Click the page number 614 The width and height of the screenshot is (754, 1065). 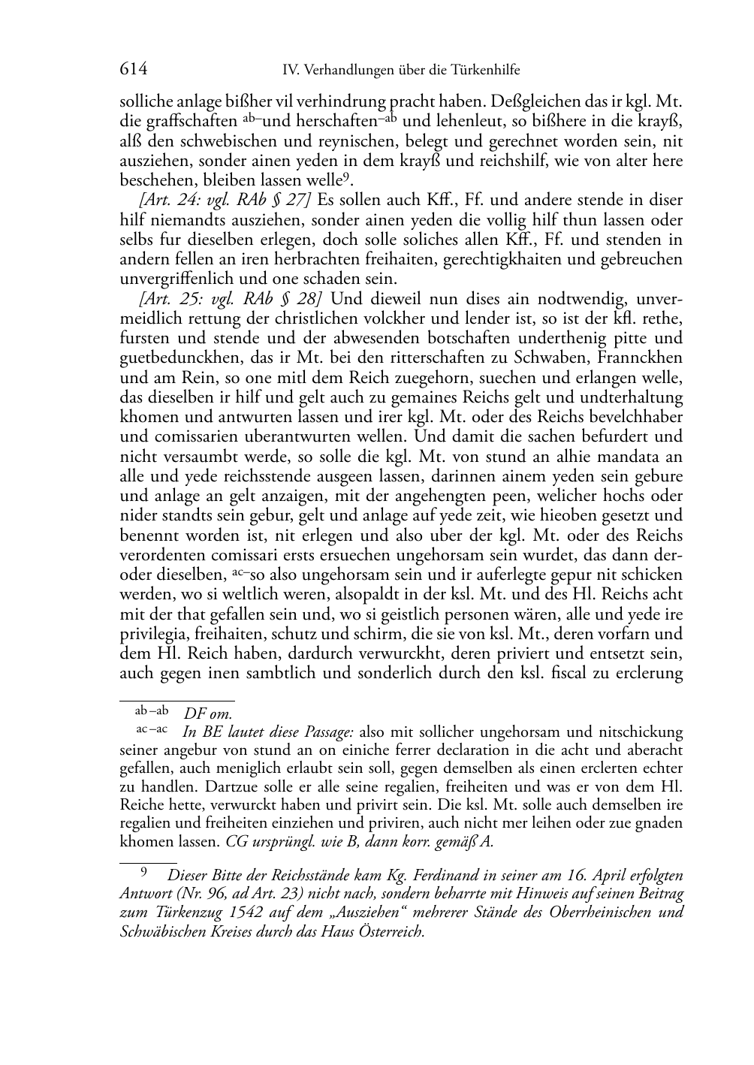pos(133,70)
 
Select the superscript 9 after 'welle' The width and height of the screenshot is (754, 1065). pos(345,177)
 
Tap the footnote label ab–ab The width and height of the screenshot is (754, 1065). pos(152,711)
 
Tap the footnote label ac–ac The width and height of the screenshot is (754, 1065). pos(152,729)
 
